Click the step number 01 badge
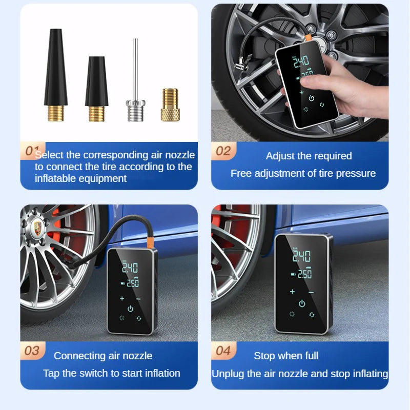(x=32, y=151)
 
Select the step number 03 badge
(x=32, y=351)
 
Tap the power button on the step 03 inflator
(x=130, y=309)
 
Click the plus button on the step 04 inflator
(x=292, y=292)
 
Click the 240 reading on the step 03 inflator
(x=130, y=268)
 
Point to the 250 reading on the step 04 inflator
(x=304, y=274)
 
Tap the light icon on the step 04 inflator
(x=292, y=314)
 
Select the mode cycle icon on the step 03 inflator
(x=138, y=318)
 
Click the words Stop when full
(x=286, y=356)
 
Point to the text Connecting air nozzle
(x=103, y=356)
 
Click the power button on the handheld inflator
(x=311, y=98)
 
